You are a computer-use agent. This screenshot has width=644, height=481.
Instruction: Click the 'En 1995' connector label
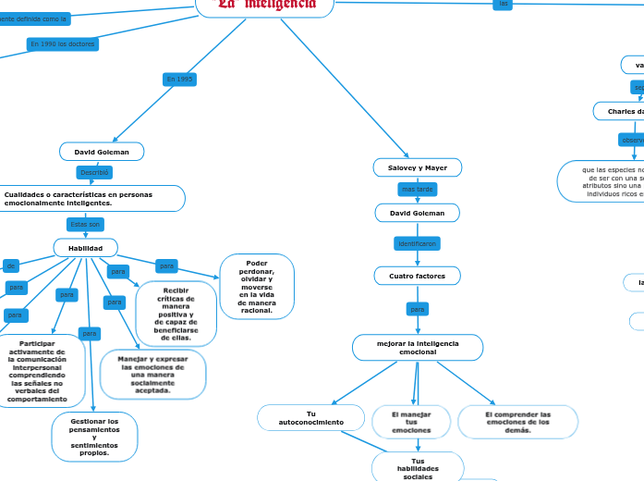[179, 80]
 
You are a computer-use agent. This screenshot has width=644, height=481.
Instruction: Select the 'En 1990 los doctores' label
[62, 43]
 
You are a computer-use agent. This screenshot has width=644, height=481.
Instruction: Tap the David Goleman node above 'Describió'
[102, 151]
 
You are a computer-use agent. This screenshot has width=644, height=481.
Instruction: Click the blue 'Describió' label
[94, 172]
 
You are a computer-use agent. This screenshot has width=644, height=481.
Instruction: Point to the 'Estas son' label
[85, 224]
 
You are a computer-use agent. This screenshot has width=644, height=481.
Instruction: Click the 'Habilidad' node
[85, 248]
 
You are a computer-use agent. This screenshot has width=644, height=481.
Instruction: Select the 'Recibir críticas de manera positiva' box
[176, 314]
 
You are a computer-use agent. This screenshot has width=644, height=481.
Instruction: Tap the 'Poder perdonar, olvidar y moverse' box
[257, 287]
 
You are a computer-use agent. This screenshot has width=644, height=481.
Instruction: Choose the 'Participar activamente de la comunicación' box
[37, 371]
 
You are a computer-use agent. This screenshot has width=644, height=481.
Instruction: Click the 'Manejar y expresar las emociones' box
[152, 375]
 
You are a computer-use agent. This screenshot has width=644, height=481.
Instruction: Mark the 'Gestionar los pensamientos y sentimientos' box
[94, 438]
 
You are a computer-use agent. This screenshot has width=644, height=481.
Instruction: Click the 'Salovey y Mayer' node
[418, 167]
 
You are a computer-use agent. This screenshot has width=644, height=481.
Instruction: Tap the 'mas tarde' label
[417, 189]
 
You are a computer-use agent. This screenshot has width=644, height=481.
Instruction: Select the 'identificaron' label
[417, 243]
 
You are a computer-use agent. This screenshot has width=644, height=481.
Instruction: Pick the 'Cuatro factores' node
[417, 276]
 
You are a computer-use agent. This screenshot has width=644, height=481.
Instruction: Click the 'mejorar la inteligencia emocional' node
[418, 348]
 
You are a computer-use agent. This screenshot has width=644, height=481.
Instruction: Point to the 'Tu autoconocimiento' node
[310, 418]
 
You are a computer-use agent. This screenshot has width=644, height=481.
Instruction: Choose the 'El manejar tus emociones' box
[411, 422]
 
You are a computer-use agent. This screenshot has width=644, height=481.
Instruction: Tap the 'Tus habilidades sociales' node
[418, 468]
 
